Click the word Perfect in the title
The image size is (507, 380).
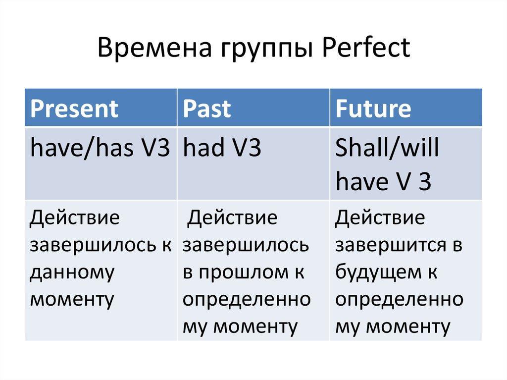point(366,48)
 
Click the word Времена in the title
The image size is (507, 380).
point(154,48)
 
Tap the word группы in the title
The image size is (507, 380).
point(267,50)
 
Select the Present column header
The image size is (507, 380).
point(74,108)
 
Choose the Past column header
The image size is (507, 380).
point(207,108)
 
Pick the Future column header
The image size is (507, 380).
point(373,108)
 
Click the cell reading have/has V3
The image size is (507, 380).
point(100,148)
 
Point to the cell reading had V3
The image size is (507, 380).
point(222,148)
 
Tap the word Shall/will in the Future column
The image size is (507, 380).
point(387,148)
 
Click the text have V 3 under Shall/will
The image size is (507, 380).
point(383,181)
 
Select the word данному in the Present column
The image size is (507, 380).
point(72,272)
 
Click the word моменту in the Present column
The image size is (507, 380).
point(72,299)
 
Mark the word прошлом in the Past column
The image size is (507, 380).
point(244,272)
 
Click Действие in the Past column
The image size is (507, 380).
point(232,217)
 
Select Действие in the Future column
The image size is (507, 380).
point(380,217)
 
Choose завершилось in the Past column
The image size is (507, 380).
point(246,245)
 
